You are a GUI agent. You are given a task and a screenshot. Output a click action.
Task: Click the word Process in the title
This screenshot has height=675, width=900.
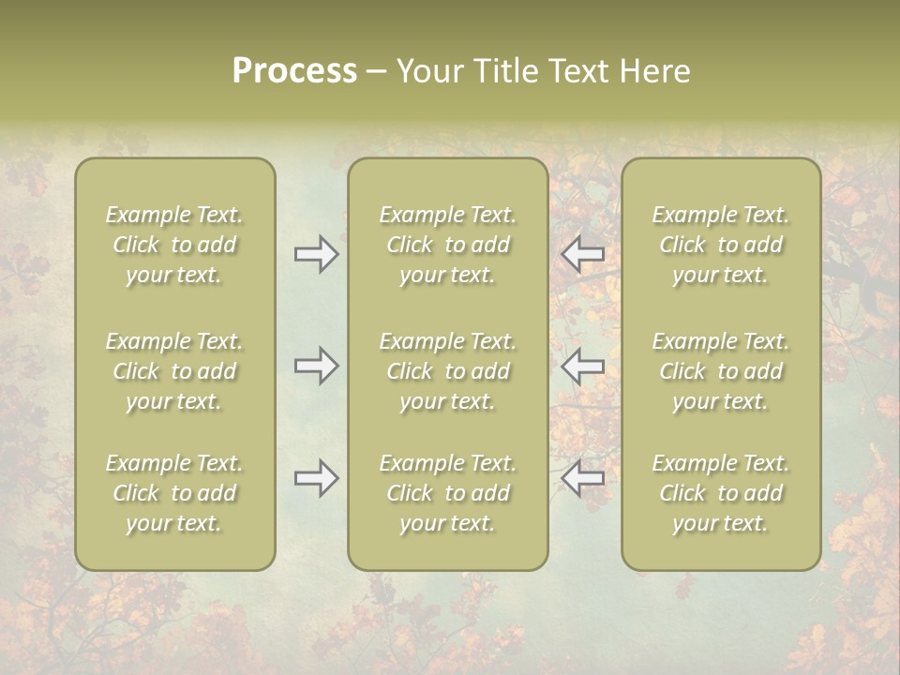pos(294,71)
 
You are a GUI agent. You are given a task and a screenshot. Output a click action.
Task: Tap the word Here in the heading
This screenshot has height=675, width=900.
pos(653,71)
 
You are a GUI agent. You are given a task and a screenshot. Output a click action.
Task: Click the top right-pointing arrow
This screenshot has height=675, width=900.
pos(316,254)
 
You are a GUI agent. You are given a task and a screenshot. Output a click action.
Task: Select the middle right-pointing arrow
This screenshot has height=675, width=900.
pos(316,365)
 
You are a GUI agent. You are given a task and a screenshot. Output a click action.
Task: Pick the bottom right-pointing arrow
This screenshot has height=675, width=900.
pos(316,478)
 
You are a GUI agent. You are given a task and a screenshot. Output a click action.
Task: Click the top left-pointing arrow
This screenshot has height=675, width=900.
pos(583,254)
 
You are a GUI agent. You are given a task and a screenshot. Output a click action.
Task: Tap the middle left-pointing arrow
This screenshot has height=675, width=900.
pos(583,365)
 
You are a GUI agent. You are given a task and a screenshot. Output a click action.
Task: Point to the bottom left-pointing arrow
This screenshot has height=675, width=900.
pos(583,478)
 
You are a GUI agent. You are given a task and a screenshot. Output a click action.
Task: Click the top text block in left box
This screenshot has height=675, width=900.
pos(174,245)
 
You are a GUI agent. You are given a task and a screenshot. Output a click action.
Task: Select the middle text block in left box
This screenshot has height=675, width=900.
pos(174,371)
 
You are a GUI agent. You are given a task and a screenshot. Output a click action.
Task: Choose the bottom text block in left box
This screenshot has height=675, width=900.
pos(174,493)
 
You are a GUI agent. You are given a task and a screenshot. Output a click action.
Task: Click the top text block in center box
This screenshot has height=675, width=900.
pos(448,245)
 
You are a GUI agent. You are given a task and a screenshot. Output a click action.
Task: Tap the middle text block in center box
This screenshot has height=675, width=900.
pos(448,371)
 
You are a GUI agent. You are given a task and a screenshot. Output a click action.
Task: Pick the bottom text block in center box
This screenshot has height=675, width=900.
pos(448,493)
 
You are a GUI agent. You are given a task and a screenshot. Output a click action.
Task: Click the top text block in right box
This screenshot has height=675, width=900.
pos(721,245)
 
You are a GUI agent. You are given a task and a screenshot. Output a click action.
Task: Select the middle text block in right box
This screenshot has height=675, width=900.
pos(721,371)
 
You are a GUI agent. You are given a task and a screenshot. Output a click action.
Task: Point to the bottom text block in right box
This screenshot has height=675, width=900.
pos(721,493)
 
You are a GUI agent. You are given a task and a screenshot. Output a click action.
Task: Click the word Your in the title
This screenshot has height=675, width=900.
pos(429,71)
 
